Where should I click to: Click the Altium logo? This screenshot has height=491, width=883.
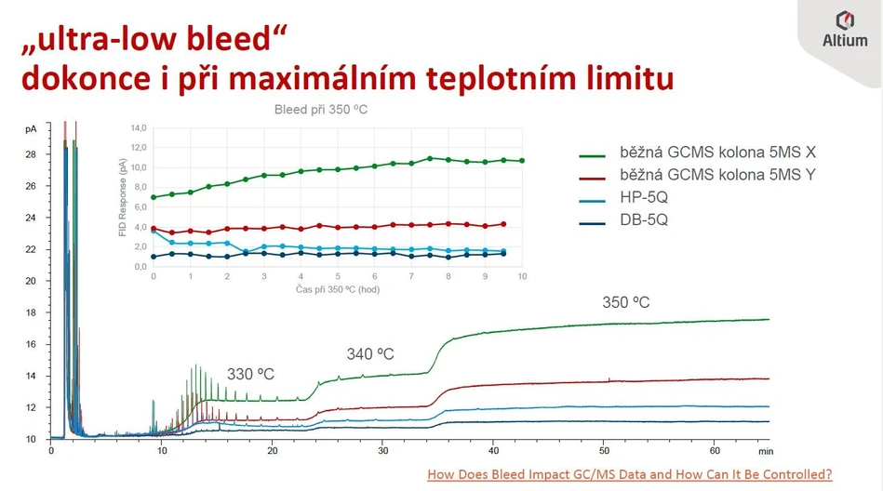tap(845, 29)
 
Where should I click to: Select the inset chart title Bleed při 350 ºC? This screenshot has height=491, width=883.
tap(321, 110)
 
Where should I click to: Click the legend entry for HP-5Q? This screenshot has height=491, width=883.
tap(644, 197)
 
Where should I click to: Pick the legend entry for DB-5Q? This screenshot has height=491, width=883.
tap(644, 219)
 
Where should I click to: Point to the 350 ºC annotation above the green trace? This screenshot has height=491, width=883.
tap(626, 303)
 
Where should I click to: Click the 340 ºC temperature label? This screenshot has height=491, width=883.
tap(370, 354)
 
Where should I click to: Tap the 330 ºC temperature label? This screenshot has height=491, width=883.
tap(251, 374)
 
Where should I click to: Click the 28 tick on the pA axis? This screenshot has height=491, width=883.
tap(31, 154)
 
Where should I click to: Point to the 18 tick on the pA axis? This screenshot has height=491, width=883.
tap(31, 312)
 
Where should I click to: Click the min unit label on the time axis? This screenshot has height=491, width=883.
tap(766, 451)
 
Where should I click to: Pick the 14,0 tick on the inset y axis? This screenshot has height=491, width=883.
tap(138, 127)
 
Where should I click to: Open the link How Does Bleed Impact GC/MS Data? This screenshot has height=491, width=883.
tap(629, 474)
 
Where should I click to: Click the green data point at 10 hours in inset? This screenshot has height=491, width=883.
tap(522, 161)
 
